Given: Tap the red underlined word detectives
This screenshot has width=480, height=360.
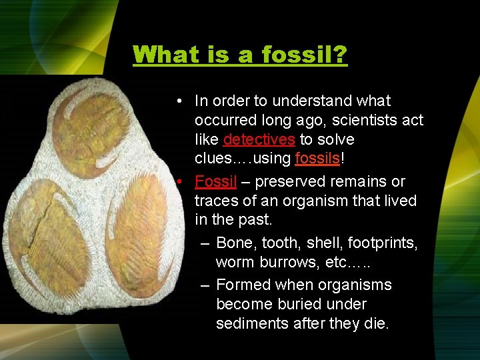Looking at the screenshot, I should [x=259, y=140].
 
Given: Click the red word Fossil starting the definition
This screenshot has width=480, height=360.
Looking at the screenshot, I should [x=216, y=181].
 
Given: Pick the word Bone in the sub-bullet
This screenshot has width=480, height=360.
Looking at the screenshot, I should [x=234, y=243].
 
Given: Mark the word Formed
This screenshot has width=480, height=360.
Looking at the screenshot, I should [x=241, y=285].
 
